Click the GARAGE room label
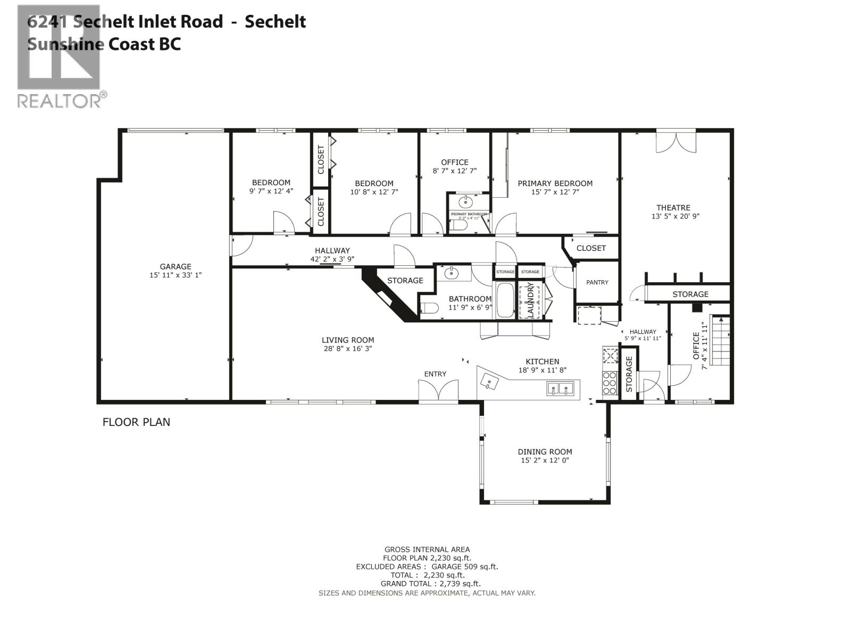pyautogui.click(x=176, y=267)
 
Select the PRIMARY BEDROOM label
pyautogui.click(x=555, y=183)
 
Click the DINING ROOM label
pyautogui.click(x=545, y=452)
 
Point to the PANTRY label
pyautogui.click(x=597, y=282)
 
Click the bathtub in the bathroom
pyautogui.click(x=505, y=301)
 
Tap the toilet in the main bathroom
pyautogui.click(x=429, y=308)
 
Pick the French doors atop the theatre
pyautogui.click(x=675, y=141)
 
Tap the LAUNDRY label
pyautogui.click(x=530, y=300)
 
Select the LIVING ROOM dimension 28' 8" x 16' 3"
pyautogui.click(x=347, y=349)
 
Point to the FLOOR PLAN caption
pyautogui.click(x=136, y=422)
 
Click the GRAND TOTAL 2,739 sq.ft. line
pyautogui.click(x=427, y=584)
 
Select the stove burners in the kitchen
pyautogui.click(x=610, y=383)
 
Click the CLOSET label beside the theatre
pyautogui.click(x=591, y=248)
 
